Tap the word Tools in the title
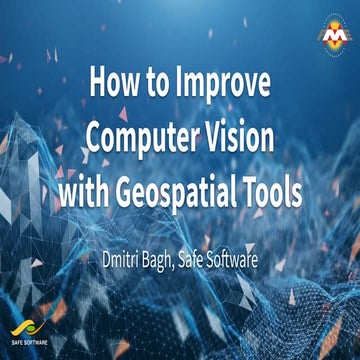[273, 191]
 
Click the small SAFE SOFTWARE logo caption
[29, 345]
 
